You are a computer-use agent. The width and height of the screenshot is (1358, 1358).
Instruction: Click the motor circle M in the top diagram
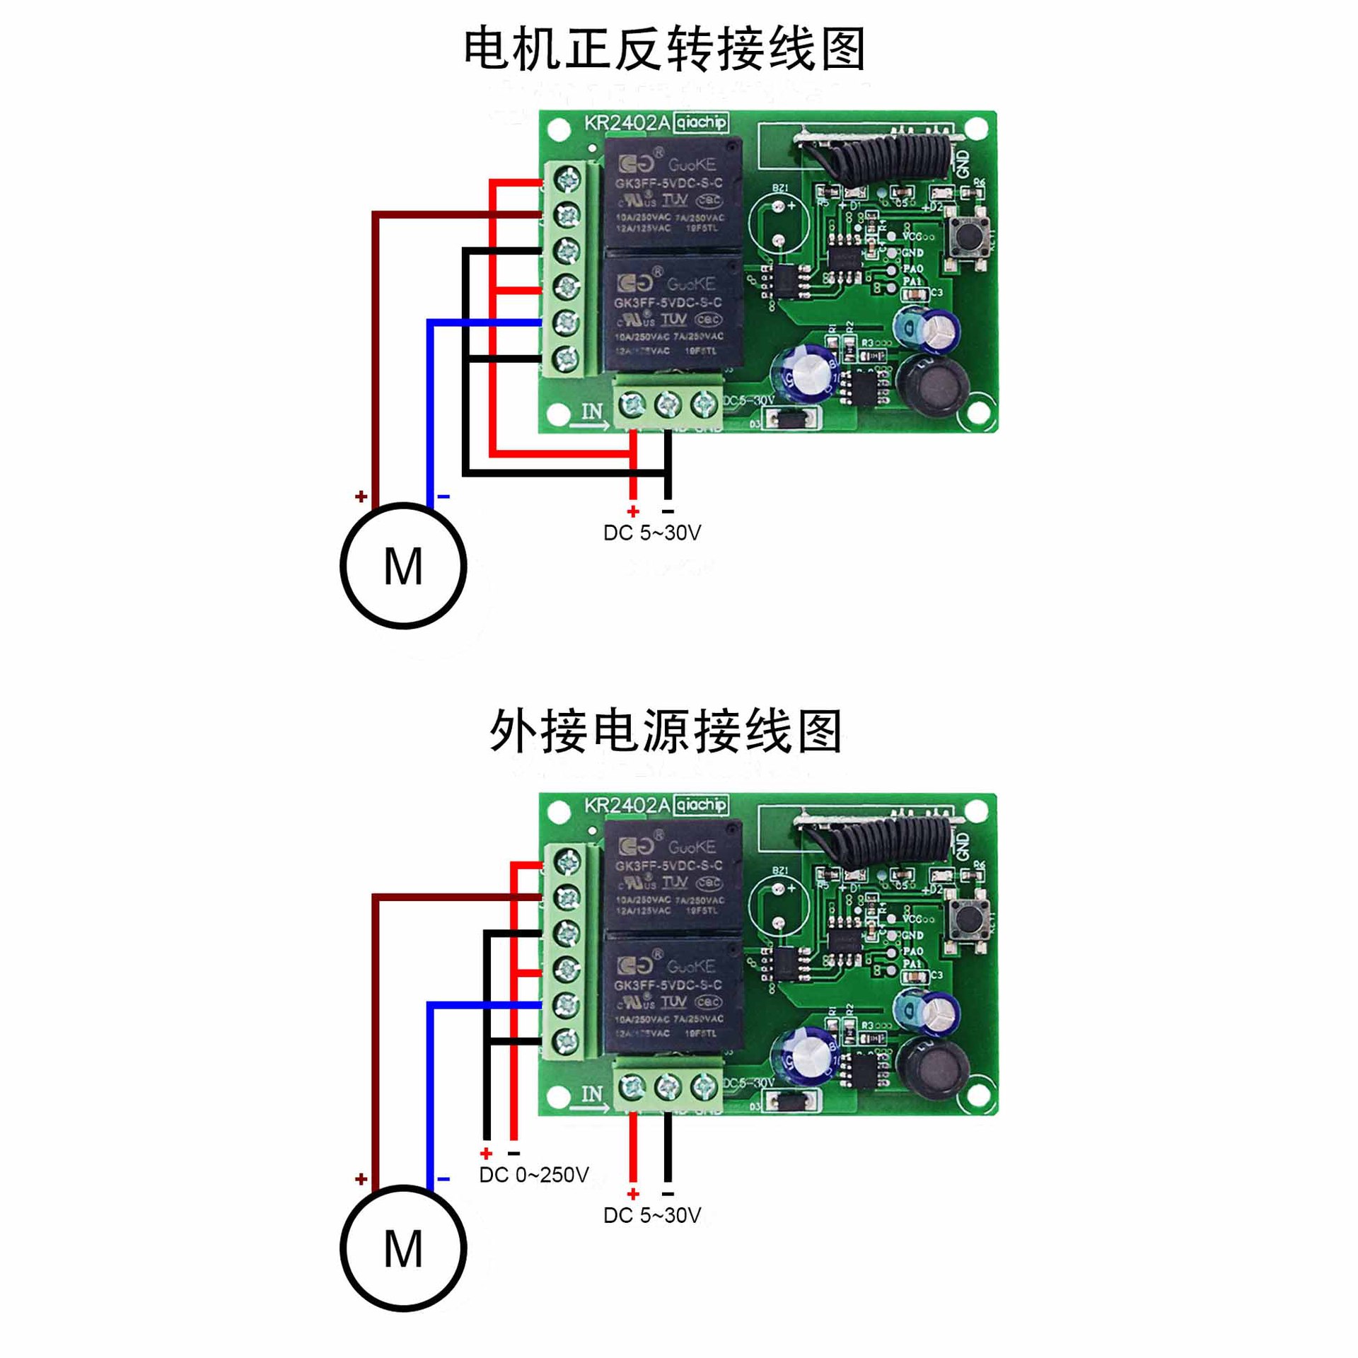(x=402, y=566)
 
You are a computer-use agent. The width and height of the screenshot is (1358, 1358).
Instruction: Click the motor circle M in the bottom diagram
(x=402, y=1248)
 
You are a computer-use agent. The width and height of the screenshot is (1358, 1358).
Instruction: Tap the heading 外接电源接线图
(x=665, y=731)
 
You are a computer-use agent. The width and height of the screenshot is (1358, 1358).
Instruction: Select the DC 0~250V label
(x=533, y=1175)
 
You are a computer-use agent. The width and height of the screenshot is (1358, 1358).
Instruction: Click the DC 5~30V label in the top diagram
(x=651, y=533)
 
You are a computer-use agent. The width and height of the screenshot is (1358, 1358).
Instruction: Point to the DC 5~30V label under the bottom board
(x=651, y=1215)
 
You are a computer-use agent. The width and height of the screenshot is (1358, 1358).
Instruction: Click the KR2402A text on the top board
(x=626, y=123)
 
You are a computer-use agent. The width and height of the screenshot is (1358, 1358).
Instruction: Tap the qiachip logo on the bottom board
(x=700, y=805)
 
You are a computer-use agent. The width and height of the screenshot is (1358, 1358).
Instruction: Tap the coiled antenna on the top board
(x=881, y=151)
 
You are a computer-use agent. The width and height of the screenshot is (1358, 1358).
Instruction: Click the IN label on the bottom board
(x=592, y=1094)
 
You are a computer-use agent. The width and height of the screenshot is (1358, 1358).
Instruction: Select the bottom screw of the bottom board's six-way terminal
(x=567, y=1040)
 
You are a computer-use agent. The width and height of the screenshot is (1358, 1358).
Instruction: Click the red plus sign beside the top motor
(x=361, y=497)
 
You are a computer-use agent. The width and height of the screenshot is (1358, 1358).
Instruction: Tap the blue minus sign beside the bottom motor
(x=443, y=1179)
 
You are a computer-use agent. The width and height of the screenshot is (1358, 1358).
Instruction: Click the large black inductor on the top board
(x=932, y=386)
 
